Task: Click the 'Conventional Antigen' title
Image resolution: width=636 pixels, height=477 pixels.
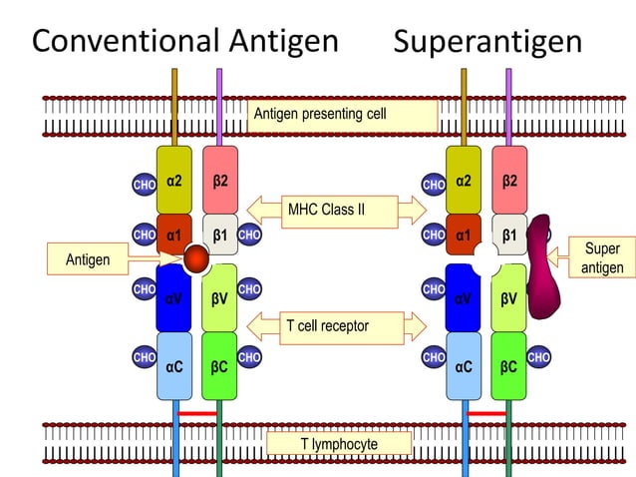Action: (x=185, y=41)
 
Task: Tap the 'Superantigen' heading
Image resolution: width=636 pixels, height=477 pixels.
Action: (x=487, y=42)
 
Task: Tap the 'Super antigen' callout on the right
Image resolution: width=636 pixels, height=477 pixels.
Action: (x=600, y=257)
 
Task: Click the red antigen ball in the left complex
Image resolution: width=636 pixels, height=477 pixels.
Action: (x=197, y=259)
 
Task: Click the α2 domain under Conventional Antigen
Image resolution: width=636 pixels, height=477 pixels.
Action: (x=174, y=182)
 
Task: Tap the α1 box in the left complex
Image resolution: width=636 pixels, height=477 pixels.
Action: (x=174, y=236)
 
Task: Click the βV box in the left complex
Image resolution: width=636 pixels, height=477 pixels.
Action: (x=219, y=296)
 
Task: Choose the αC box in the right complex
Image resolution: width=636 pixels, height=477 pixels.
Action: (x=464, y=366)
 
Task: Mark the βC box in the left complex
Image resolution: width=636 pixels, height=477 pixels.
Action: (x=219, y=366)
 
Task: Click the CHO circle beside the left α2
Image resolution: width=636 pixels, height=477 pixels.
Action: (x=144, y=185)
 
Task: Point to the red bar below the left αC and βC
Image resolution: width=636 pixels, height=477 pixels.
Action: (x=197, y=412)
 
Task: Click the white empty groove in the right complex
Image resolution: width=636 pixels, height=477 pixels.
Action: (x=485, y=260)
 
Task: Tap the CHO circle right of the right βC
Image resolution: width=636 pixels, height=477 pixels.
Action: (x=538, y=356)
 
